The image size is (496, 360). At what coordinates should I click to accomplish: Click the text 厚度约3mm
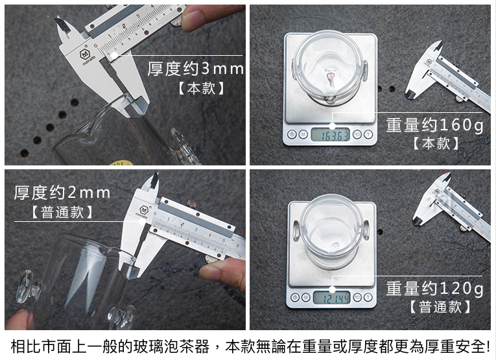[x=196, y=69]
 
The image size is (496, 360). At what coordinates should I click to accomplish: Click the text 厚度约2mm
[x=62, y=193]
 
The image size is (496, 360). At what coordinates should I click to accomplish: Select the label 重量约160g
[x=434, y=125]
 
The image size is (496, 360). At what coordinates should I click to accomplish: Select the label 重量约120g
[x=434, y=288]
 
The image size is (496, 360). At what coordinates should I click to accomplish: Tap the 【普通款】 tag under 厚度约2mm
[x=62, y=212]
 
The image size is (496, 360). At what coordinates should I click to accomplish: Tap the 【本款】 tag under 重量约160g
[x=436, y=143]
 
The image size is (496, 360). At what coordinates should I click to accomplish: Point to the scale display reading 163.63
[x=330, y=135]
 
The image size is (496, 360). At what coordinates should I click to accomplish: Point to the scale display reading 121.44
[x=332, y=298]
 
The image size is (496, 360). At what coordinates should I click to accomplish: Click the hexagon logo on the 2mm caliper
[x=144, y=210]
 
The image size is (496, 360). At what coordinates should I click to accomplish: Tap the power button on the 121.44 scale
[x=294, y=297]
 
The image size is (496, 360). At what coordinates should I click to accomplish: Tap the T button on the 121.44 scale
[x=368, y=297]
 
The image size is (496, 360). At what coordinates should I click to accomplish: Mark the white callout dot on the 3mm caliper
[x=114, y=56]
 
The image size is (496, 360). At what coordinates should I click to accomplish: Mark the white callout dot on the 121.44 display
[x=332, y=289]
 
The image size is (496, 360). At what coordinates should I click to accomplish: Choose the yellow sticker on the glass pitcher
[x=121, y=163]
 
